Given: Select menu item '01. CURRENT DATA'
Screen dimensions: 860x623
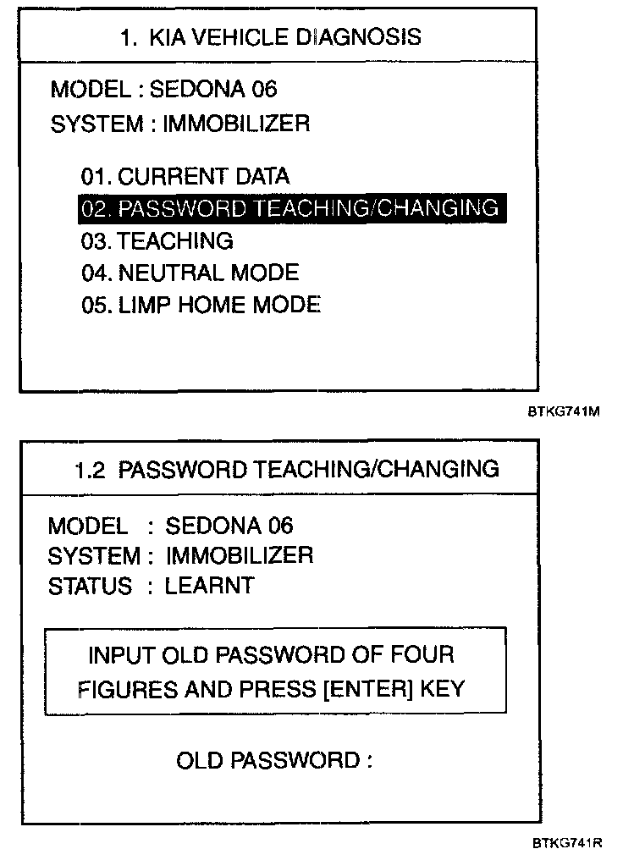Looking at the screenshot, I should click(185, 176).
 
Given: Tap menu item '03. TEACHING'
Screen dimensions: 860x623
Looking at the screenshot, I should click(157, 240).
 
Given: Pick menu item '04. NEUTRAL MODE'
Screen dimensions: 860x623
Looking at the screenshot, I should click(190, 273).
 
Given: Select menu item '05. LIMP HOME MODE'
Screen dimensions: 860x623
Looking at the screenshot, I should click(201, 305).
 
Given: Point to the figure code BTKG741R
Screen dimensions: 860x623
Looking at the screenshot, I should click(566, 843).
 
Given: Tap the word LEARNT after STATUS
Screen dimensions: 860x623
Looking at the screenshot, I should click(209, 586).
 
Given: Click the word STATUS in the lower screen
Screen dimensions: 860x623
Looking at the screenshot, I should click(90, 586).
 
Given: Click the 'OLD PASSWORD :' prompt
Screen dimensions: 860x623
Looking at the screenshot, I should click(273, 760).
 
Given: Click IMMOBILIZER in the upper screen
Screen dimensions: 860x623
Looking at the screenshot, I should click(236, 124).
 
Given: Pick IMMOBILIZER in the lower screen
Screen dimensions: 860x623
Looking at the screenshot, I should click(240, 555).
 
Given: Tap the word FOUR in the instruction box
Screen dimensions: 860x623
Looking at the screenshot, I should click(424, 655).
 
